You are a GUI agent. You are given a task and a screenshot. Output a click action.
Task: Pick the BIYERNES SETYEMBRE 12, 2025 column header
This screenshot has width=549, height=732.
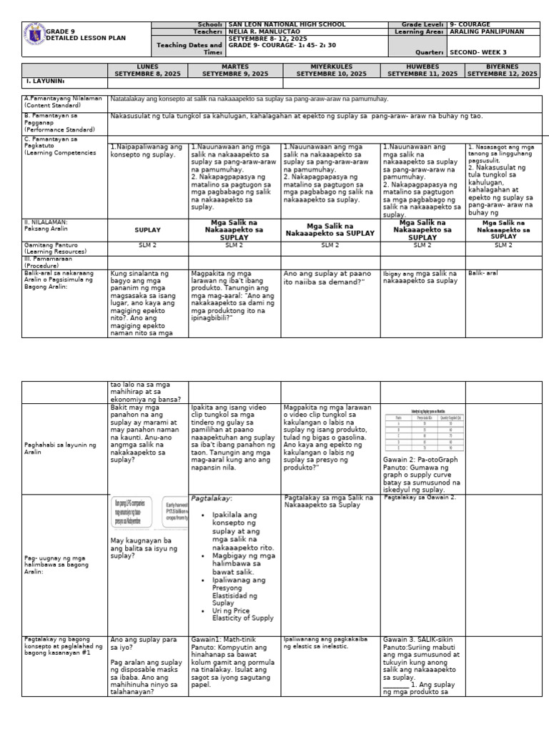(502, 70)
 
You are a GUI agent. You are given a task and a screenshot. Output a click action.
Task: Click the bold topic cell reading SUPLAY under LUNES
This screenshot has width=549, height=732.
(147, 230)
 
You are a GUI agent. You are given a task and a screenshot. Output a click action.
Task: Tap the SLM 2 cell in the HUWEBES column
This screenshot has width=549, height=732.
(422, 245)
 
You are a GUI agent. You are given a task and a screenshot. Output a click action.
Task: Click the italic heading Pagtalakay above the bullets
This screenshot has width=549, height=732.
(208, 498)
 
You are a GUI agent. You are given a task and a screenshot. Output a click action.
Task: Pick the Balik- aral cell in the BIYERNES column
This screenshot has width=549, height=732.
(480, 273)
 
